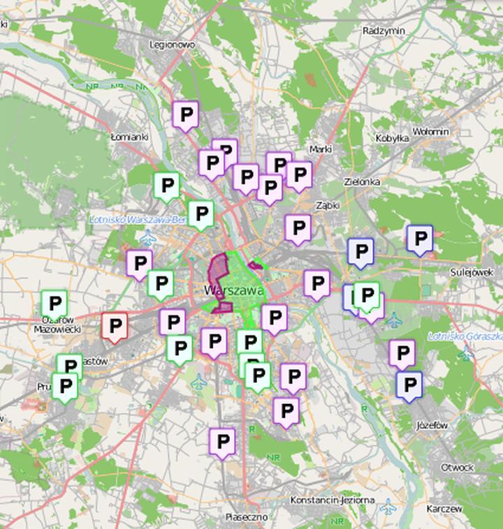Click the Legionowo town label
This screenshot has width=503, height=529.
[x=172, y=45]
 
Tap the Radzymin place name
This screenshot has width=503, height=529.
[x=384, y=31]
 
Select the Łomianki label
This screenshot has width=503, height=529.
[x=130, y=137]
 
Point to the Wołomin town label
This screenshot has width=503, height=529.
[x=430, y=131]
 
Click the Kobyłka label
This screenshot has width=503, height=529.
[x=392, y=138]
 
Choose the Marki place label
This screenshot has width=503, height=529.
[x=320, y=149]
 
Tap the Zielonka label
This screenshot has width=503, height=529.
[x=363, y=181]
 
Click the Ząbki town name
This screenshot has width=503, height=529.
[x=327, y=206]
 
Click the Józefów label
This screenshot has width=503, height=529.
[x=431, y=424]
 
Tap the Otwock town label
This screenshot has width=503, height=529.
[x=457, y=467]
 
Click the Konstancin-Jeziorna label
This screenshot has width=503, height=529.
[x=332, y=500]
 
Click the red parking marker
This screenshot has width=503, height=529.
[x=115, y=326]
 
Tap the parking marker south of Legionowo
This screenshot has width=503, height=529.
[x=185, y=114]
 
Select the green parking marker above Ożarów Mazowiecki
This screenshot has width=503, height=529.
[x=54, y=304]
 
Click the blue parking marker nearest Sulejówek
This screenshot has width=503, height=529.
[x=420, y=239]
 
